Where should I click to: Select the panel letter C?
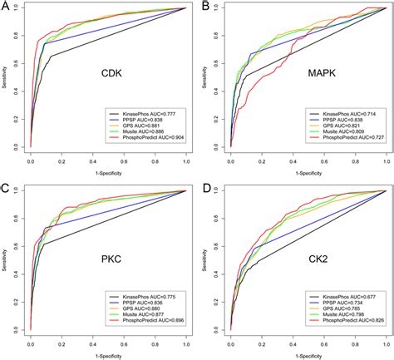tap(7, 190)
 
